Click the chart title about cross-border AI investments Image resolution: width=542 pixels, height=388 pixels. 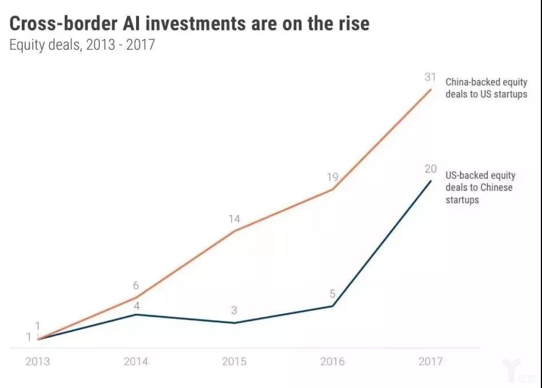(x=189, y=23)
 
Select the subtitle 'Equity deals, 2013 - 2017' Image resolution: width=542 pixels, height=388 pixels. (x=82, y=45)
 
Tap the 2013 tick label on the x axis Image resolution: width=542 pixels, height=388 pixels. (x=38, y=361)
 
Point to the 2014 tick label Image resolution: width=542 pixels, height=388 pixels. (x=135, y=361)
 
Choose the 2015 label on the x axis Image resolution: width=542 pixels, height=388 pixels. (x=234, y=361)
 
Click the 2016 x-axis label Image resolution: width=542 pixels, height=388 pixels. (x=332, y=361)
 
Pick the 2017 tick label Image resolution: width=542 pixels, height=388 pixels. (x=431, y=361)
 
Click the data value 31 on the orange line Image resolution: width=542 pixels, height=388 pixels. (x=431, y=77)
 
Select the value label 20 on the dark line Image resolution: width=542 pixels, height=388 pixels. (x=431, y=169)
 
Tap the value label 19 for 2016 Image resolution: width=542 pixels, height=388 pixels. (x=332, y=177)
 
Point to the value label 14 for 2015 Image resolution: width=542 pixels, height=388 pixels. (x=234, y=219)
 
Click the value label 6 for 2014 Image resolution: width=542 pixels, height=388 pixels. (x=135, y=286)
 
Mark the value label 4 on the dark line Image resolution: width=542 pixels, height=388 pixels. (x=135, y=306)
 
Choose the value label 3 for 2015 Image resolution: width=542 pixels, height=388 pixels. (x=234, y=311)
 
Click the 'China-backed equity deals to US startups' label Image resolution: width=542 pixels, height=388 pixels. (x=486, y=88)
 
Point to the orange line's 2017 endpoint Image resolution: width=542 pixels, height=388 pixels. (x=431, y=89)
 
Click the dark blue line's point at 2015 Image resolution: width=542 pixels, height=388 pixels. (x=234, y=323)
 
